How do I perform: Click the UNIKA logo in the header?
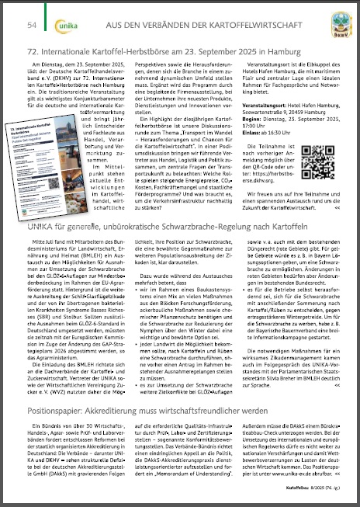click(x=64, y=25)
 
